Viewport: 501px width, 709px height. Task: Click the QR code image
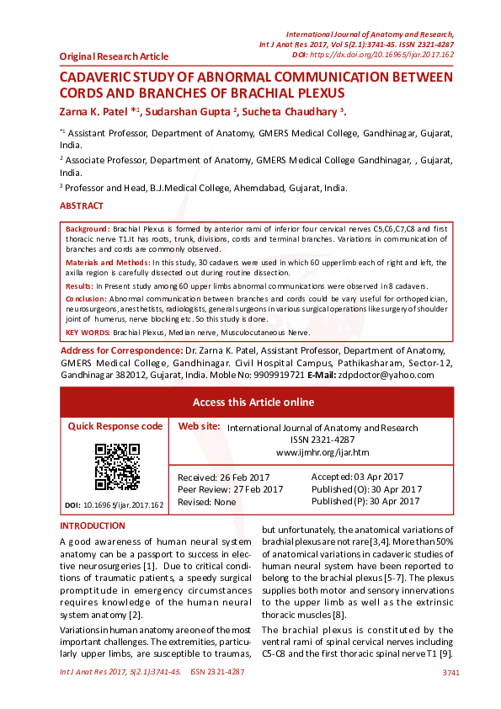[116, 466]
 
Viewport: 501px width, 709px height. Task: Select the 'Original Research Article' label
[114, 56]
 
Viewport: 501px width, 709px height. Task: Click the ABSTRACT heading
[82, 205]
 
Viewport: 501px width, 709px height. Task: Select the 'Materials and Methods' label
[108, 263]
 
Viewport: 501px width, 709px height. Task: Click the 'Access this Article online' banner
[253, 402]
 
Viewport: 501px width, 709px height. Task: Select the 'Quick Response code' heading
[115, 426]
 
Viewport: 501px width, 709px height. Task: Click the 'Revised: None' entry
[207, 501]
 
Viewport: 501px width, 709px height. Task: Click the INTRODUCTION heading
[93, 526]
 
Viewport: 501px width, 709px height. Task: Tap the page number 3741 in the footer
[450, 672]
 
